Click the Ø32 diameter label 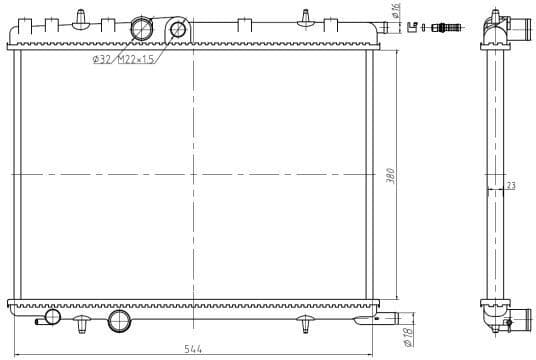(x=101, y=60)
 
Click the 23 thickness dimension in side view (x=510, y=185)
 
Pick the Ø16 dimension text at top (x=397, y=14)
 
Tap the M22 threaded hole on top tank (x=178, y=29)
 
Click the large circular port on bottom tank (x=119, y=321)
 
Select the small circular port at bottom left (x=52, y=317)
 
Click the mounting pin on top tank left (x=87, y=17)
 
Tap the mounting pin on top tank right (x=303, y=17)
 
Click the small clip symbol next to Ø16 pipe (x=412, y=27)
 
